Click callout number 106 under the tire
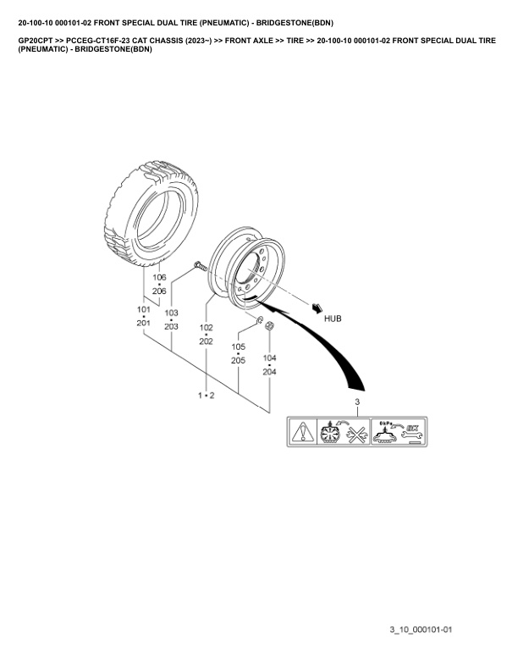pos(159,277)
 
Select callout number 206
pos(159,291)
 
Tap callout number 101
pos(144,309)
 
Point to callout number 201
pos(144,323)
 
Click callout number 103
pos(171,313)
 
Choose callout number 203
pos(171,326)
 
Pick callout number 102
pos(206,328)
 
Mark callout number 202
pos(206,341)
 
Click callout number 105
pos(238,347)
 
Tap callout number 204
pos(269,372)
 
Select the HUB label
pos(333,319)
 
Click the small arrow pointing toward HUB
pos(317,308)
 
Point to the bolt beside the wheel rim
pos(200,266)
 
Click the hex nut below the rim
pos(269,325)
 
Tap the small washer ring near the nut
pos(259,319)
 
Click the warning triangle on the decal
pos(302,431)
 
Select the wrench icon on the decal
pos(412,436)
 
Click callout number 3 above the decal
pos(357,402)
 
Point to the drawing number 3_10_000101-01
pos(421,629)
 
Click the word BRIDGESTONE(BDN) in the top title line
pos(295,23)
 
